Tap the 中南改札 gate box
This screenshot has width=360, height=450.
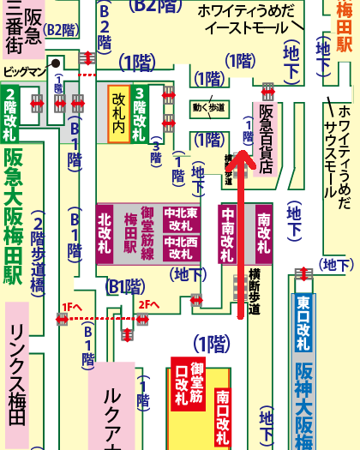pyautogui.click(x=228, y=235)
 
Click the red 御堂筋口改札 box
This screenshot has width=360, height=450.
pyautogui.click(x=188, y=385)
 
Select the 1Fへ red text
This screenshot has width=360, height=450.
pyautogui.click(x=71, y=305)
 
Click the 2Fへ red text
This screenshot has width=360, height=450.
pyautogui.click(x=149, y=305)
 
